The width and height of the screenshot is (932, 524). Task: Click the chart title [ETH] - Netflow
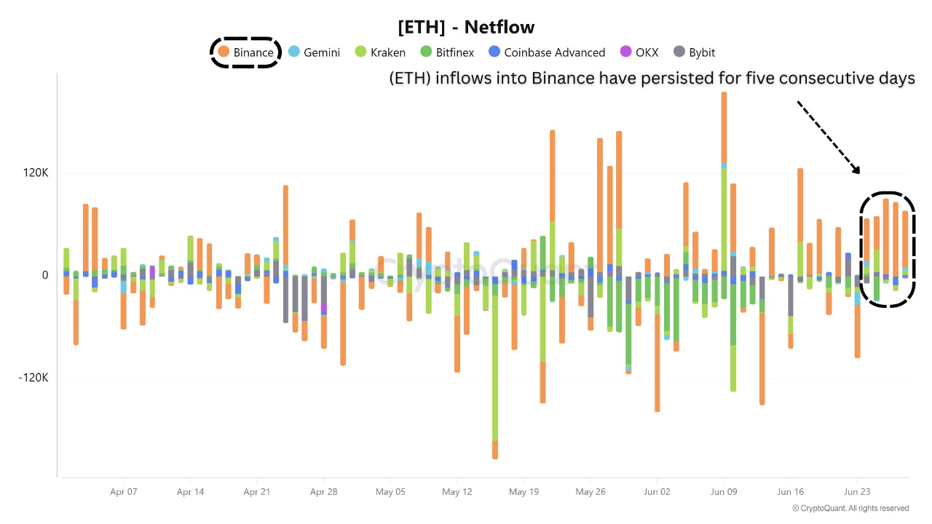[466, 28]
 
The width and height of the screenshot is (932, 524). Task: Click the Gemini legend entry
[315, 52]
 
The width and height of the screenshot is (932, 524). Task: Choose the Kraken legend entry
[380, 52]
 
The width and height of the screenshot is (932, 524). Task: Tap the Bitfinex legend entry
[446, 52]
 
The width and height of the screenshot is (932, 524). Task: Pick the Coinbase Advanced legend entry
[546, 52]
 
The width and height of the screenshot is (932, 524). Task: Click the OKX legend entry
[639, 52]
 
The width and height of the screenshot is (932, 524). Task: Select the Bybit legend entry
[694, 52]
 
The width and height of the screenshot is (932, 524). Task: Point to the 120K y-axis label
[35, 173]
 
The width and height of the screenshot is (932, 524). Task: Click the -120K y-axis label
[33, 378]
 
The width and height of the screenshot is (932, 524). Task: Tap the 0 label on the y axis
[45, 275]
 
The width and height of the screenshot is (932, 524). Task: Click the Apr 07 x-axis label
[123, 492]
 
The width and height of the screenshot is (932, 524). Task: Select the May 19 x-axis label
[524, 492]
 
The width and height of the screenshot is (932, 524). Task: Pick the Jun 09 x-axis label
[724, 492]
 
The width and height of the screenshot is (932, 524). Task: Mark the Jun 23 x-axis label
[857, 492]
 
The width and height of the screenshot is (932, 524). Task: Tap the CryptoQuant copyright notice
[850, 509]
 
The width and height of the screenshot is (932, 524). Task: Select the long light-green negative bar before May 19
[495, 364]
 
